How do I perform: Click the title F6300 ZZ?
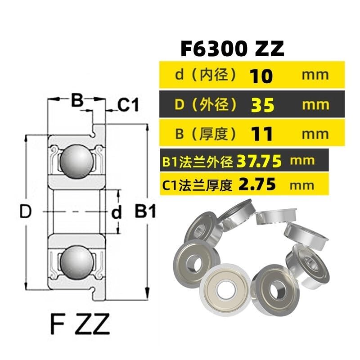(x=232, y=49)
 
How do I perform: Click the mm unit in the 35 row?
(x=315, y=105)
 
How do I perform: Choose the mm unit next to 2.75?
(x=303, y=185)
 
